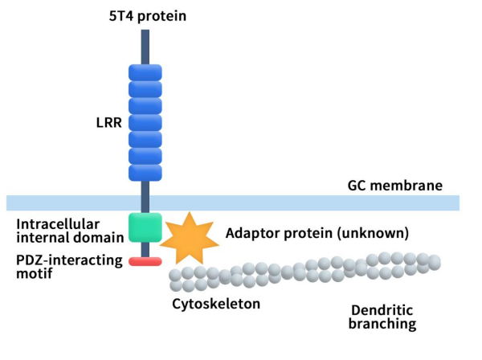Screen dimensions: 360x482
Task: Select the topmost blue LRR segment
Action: coord(145,72)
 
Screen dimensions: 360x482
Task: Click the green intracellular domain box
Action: coord(145,227)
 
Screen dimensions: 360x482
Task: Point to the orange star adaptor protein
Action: coord(190,238)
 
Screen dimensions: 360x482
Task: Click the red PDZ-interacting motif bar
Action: coord(145,261)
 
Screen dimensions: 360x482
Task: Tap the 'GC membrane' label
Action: coord(394,186)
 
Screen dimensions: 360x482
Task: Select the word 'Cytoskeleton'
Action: coord(216,305)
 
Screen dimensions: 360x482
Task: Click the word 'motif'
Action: coord(35,274)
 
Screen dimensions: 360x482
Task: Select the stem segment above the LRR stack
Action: coord(145,47)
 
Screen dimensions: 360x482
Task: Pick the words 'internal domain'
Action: coord(70,236)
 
